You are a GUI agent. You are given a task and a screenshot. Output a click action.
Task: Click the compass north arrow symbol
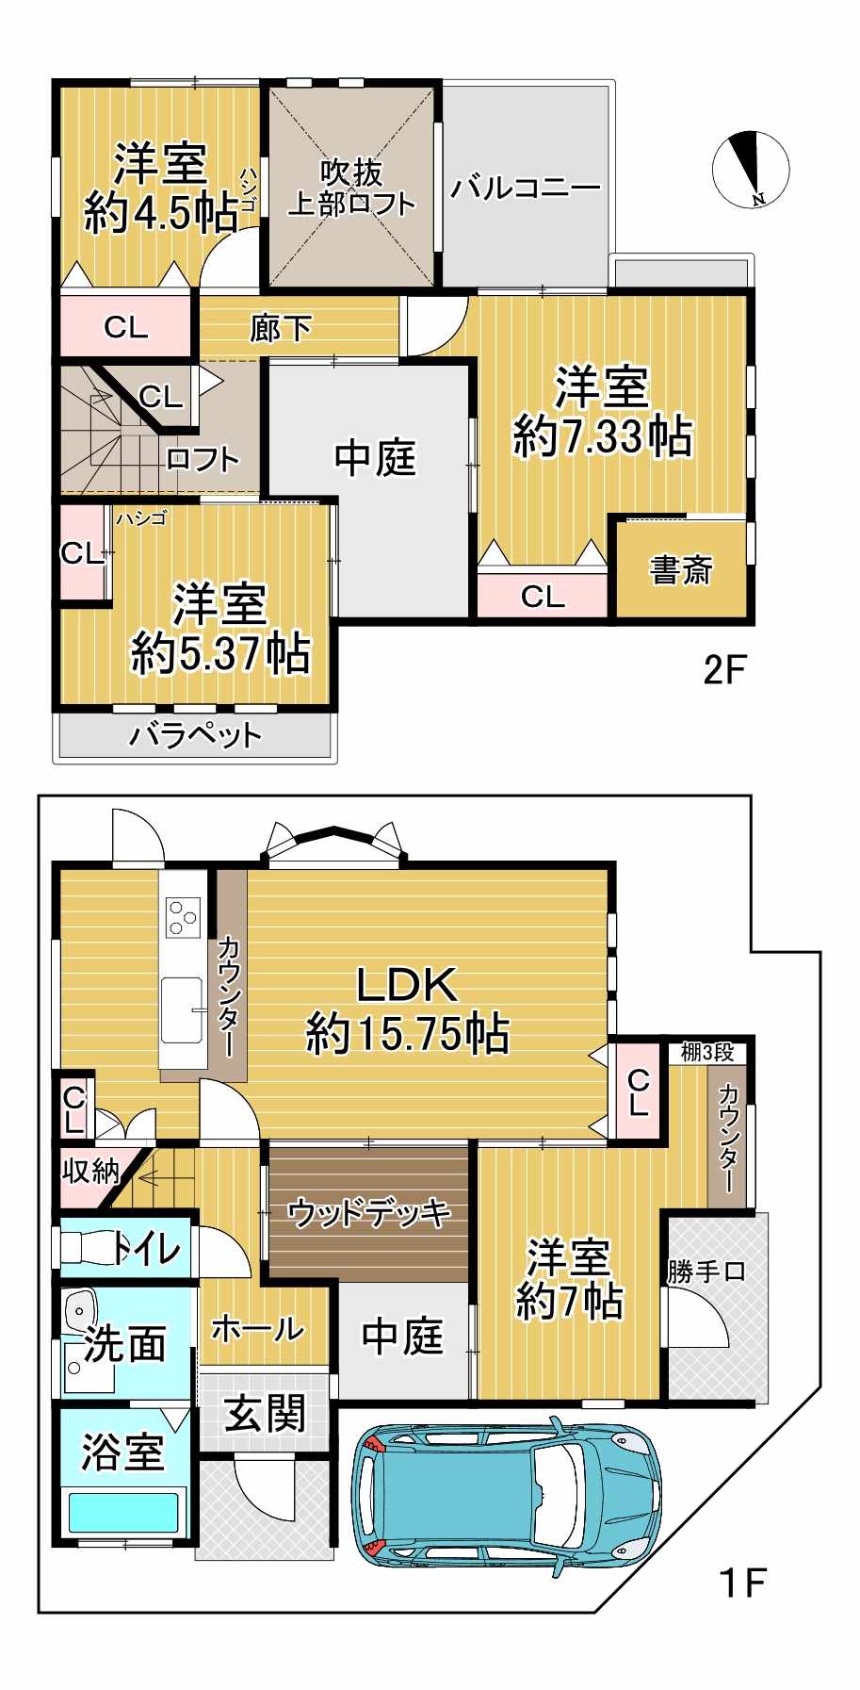tap(751, 170)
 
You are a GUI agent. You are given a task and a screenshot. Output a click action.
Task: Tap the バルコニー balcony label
tap(525, 188)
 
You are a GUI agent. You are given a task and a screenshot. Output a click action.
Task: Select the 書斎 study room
tap(681, 568)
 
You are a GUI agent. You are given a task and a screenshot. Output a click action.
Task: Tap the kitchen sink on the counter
tap(181, 1009)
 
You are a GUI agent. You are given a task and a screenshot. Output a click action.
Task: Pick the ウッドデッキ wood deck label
tap(369, 1212)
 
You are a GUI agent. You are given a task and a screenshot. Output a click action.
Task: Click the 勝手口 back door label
tap(706, 1272)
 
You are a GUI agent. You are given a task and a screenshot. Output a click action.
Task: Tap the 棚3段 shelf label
tap(706, 1052)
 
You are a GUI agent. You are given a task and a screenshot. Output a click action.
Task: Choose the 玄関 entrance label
tap(265, 1414)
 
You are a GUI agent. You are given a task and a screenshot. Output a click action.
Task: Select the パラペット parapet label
tap(195, 734)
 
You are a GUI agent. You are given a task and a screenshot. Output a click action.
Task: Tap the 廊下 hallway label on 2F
tap(280, 328)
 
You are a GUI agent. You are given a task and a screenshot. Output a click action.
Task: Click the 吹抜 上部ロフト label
tap(350, 189)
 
